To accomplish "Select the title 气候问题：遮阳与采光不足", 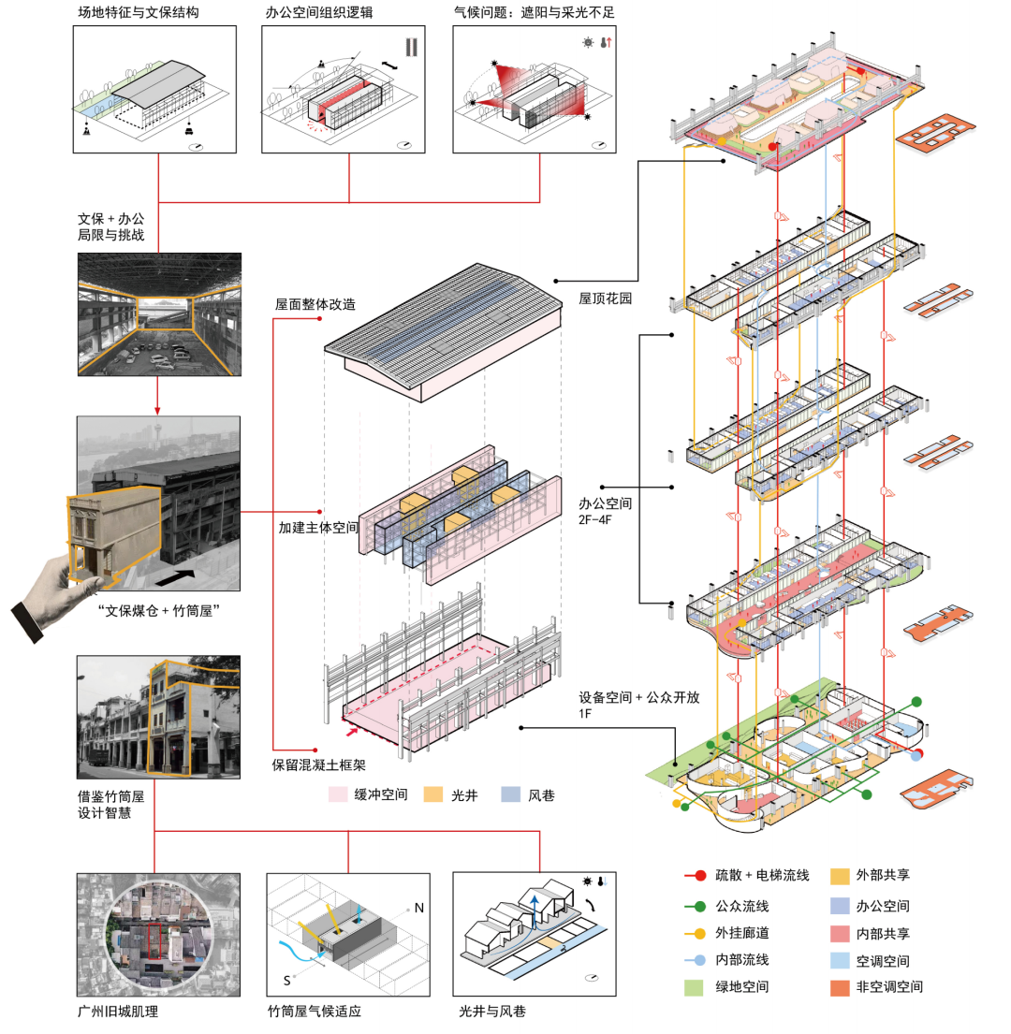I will (x=535, y=13).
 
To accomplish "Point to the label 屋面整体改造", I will (x=315, y=304).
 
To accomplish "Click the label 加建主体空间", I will (x=318, y=527).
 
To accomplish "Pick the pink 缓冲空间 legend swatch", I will (x=338, y=794).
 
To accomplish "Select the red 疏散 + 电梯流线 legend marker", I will (x=695, y=876).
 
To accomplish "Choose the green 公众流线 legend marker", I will (x=695, y=905).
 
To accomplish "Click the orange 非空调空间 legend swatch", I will (x=842, y=986).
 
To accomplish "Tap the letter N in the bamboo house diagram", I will (x=418, y=908).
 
